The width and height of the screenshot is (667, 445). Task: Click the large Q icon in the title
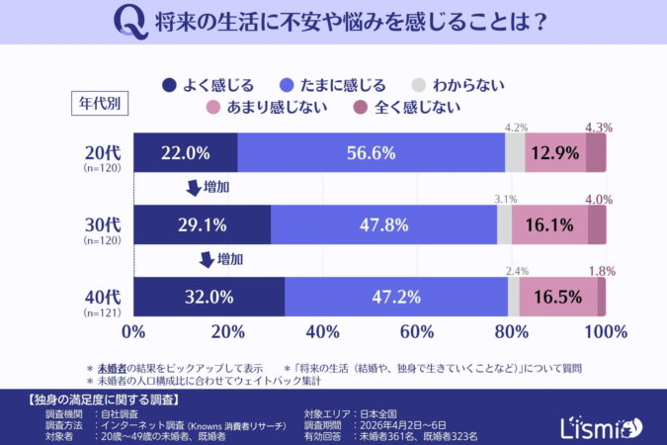tap(125, 21)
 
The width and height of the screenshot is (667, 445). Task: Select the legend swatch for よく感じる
tap(167, 85)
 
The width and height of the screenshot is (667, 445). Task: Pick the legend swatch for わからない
tap(421, 85)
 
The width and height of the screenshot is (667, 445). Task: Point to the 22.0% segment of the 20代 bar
tap(185, 152)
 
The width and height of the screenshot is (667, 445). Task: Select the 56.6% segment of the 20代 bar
tap(371, 152)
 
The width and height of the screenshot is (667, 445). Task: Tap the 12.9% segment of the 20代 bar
tap(555, 152)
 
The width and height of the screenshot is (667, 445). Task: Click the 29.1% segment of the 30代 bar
tap(202, 224)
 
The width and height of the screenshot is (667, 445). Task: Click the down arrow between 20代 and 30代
tap(193, 188)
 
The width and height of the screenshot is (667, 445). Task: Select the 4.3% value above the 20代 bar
tap(600, 128)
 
